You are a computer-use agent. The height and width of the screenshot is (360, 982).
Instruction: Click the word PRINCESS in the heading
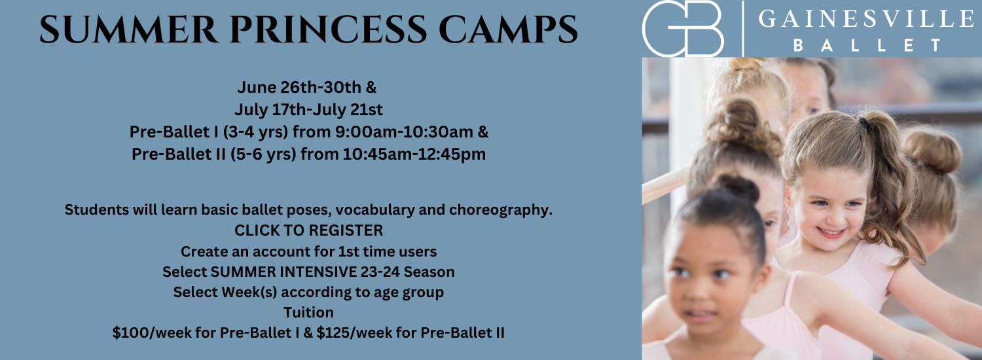click(329, 30)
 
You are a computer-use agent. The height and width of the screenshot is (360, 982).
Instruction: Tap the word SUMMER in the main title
click(129, 30)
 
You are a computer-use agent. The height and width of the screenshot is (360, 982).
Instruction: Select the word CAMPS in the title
click(508, 30)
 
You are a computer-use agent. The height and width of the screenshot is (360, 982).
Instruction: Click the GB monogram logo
click(683, 29)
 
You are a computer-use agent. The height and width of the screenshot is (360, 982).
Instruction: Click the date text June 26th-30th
click(299, 87)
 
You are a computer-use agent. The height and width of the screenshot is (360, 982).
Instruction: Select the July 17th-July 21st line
click(308, 109)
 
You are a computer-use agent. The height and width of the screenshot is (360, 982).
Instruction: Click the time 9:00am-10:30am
click(404, 132)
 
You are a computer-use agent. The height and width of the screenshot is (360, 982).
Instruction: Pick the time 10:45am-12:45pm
click(414, 154)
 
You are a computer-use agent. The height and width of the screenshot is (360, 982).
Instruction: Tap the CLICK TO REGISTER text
click(308, 230)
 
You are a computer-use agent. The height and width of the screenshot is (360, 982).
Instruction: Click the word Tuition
click(308, 312)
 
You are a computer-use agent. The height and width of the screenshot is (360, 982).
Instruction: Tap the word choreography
click(501, 210)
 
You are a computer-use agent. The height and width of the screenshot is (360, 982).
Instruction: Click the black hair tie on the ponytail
click(865, 124)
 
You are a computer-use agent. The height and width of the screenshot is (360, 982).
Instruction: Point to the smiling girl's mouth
click(830, 232)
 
